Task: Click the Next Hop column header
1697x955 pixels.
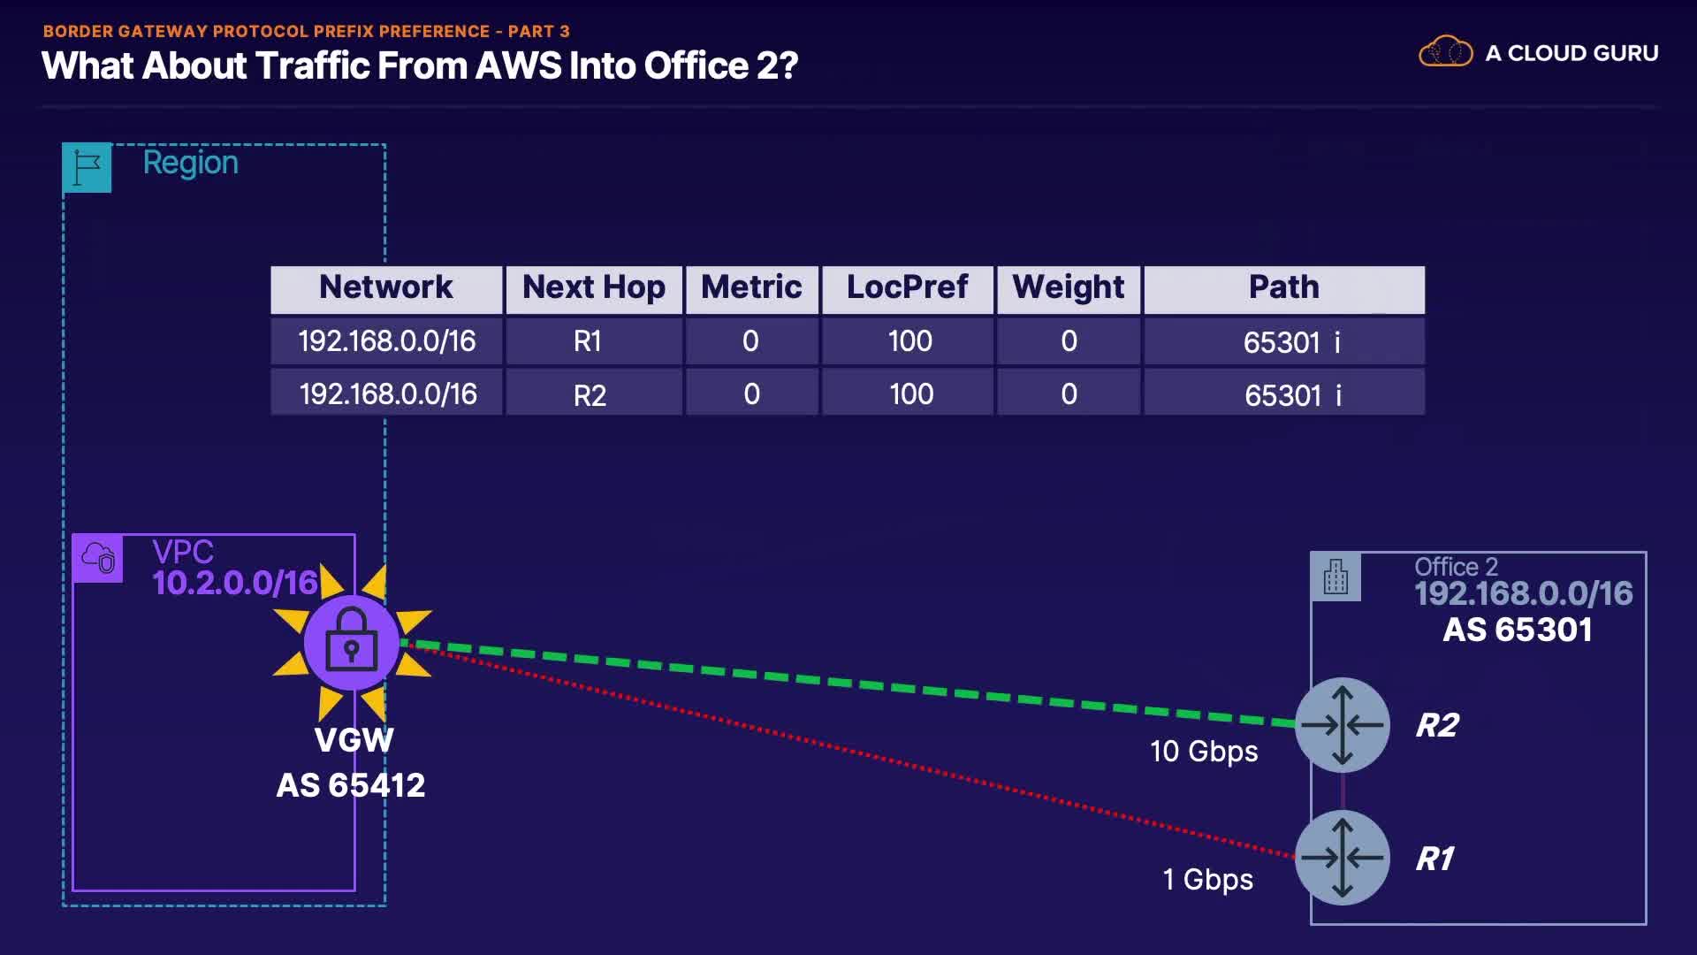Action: click(x=593, y=288)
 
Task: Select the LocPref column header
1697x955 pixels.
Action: click(x=907, y=288)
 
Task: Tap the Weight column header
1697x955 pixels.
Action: click(x=1068, y=288)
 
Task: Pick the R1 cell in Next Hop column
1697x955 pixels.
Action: click(x=588, y=341)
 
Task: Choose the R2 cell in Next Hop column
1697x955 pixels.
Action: click(x=590, y=394)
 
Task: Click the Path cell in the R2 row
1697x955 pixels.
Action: click(x=1292, y=394)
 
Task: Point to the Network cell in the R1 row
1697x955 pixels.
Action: click(x=386, y=341)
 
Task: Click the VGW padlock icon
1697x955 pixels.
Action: click(x=352, y=643)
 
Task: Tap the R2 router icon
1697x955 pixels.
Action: click(x=1342, y=725)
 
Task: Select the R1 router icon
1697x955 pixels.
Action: click(x=1342, y=857)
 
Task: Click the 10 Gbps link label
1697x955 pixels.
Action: click(x=1204, y=752)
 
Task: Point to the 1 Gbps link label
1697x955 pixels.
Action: click(x=1207, y=880)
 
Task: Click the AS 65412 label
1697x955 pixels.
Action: click(x=351, y=785)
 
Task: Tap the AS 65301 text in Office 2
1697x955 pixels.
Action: click(x=1518, y=630)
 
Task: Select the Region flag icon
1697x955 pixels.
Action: click(x=87, y=167)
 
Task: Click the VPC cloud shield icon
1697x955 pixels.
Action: click(x=98, y=558)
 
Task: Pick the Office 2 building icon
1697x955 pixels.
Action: click(x=1336, y=577)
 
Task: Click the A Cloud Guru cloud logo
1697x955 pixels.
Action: click(x=1445, y=52)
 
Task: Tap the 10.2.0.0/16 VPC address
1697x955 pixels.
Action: click(x=235, y=583)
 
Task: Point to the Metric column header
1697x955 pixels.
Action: click(x=751, y=288)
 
